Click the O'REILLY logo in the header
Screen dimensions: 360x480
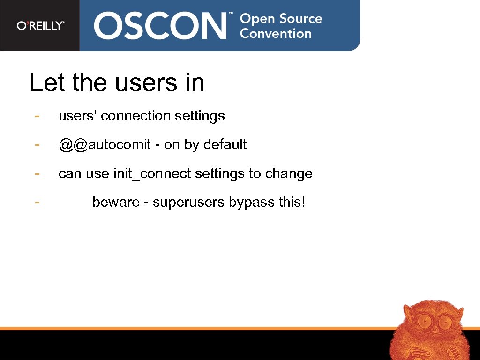pos(40,26)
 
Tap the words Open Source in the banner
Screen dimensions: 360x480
pos(281,19)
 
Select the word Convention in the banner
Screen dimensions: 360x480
pos(276,34)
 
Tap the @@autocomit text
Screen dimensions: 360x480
pos(105,144)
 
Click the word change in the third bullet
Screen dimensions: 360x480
pos(289,174)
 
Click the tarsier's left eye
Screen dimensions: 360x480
pos(425,321)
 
